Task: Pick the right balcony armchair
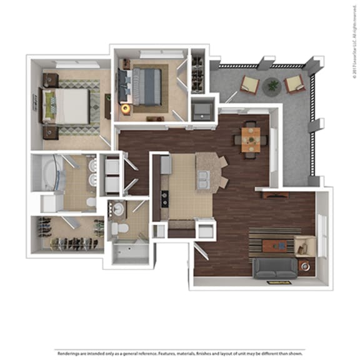point(294,83)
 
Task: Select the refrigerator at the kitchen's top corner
point(166,164)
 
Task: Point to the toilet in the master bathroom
point(91,202)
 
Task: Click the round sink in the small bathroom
point(118,208)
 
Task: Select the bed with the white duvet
point(67,105)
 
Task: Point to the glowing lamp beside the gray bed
point(126,108)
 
